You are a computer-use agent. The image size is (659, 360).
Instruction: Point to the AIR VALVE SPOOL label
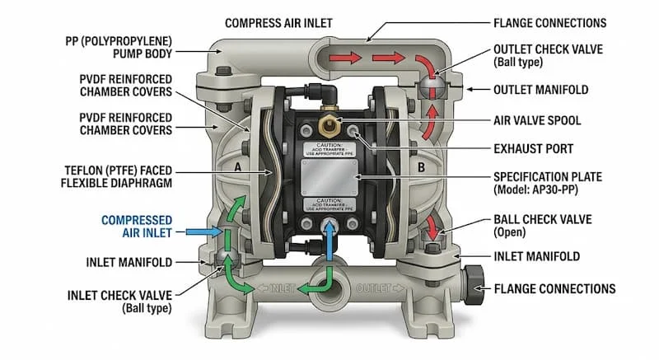click(x=537, y=120)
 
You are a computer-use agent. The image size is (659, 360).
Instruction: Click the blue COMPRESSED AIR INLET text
click(x=138, y=227)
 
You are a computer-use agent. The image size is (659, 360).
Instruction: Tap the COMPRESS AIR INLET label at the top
click(x=285, y=23)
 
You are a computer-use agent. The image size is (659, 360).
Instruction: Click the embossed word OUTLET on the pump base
click(x=378, y=288)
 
